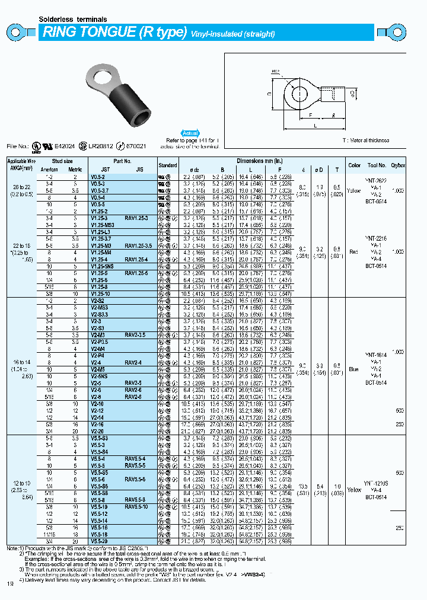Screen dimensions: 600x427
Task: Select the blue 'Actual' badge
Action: pyautogui.click(x=190, y=134)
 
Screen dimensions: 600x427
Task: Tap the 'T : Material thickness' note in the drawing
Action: pyautogui.click(x=365, y=140)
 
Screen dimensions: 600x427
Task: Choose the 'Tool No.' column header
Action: pyautogui.click(x=376, y=165)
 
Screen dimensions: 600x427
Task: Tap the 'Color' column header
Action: pyautogui.click(x=354, y=165)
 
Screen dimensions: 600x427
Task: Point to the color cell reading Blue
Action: pyautogui.click(x=355, y=369)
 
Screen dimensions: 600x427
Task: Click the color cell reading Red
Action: pyautogui.click(x=355, y=252)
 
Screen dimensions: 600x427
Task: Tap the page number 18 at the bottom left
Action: pyautogui.click(x=9, y=585)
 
